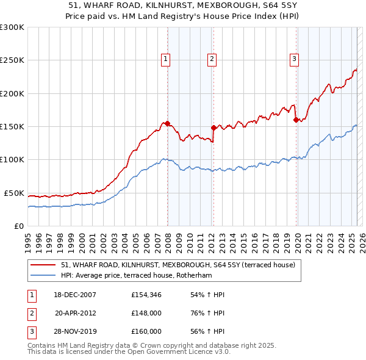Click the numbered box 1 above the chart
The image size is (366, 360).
click(165, 59)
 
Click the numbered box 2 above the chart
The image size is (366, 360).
click(212, 59)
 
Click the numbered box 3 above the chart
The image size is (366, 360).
click(294, 59)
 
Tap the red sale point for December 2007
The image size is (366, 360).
click(167, 124)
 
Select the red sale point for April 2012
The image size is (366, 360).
click(213, 128)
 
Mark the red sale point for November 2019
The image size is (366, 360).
click(296, 120)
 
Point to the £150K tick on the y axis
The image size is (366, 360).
click(12, 126)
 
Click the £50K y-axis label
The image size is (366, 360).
click(14, 193)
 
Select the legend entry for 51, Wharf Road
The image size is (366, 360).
click(178, 265)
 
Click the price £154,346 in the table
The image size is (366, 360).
click(146, 295)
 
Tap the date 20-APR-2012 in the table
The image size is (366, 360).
click(75, 313)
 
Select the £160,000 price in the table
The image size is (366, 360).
click(146, 331)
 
